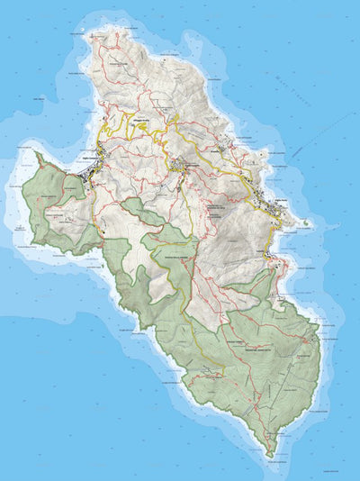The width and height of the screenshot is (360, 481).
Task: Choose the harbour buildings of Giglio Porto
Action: tap(274, 216)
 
